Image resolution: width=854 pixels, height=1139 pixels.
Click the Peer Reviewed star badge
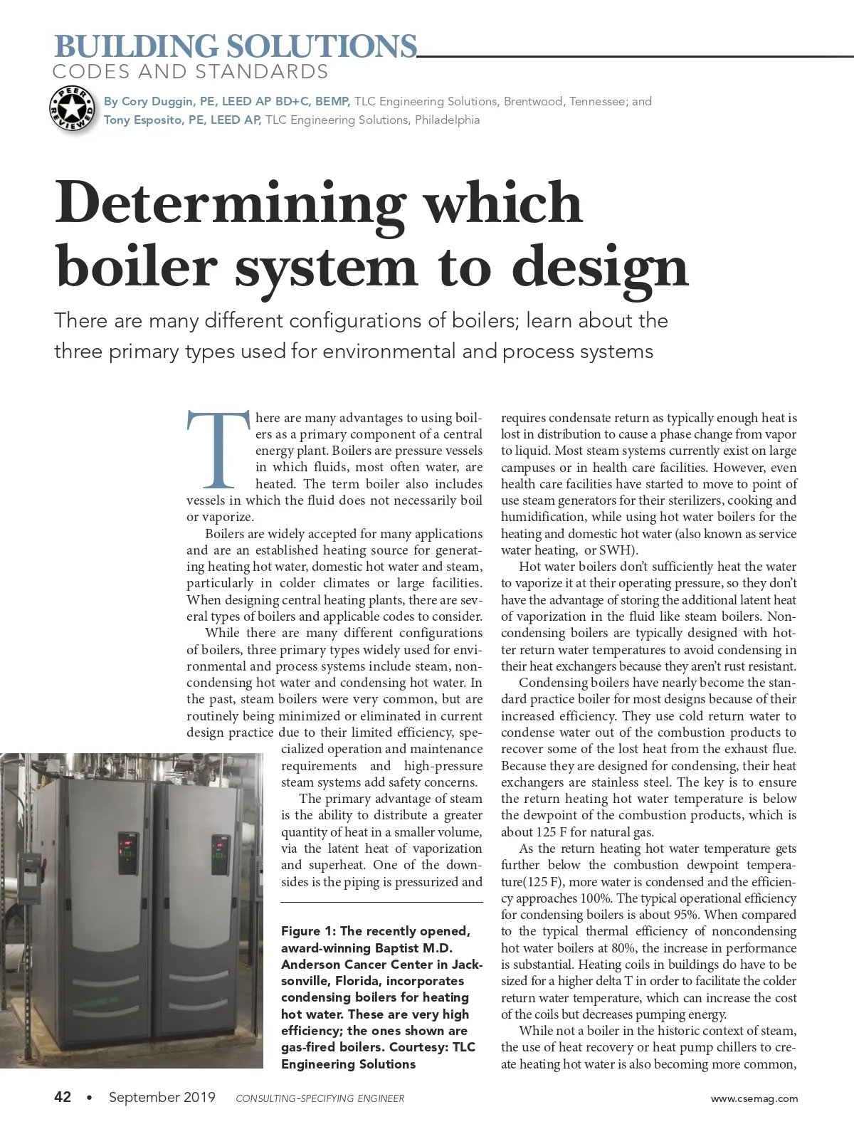pyautogui.click(x=72, y=110)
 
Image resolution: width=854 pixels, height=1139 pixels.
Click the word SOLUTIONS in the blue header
pyautogui.click(x=322, y=47)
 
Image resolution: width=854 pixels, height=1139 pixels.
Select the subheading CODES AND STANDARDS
pyautogui.click(x=190, y=72)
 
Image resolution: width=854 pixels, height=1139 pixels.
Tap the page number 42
pyautogui.click(x=63, y=1097)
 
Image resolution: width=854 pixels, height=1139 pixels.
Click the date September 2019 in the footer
pyautogui.click(x=162, y=1097)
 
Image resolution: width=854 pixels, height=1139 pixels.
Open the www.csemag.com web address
pyautogui.click(x=754, y=1098)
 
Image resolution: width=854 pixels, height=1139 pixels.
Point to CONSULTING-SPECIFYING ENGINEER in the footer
pyautogui.click(x=320, y=1098)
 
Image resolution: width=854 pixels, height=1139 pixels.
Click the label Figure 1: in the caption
pyautogui.click(x=308, y=931)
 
